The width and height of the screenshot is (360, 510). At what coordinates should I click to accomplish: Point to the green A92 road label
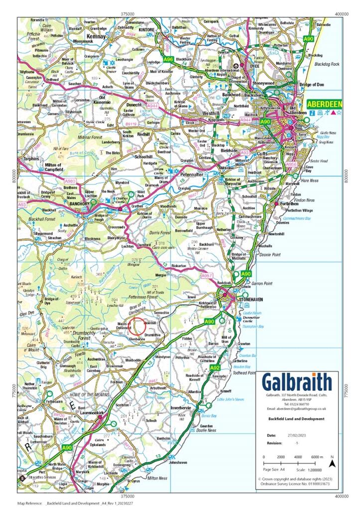point(215,368)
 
